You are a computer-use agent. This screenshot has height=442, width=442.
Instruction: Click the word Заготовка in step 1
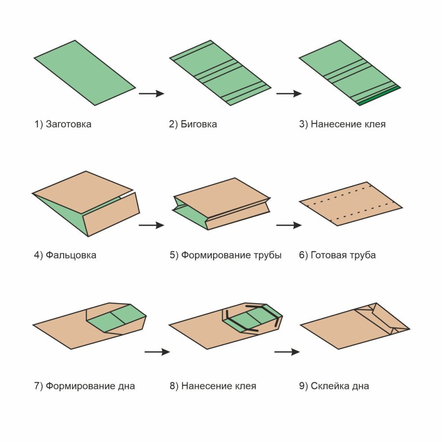click(69, 124)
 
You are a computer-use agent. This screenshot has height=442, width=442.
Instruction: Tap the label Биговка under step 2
click(199, 124)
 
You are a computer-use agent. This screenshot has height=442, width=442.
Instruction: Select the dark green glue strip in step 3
click(380, 95)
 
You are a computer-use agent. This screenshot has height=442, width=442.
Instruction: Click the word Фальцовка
click(71, 255)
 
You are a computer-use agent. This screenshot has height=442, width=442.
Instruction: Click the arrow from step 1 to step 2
click(151, 93)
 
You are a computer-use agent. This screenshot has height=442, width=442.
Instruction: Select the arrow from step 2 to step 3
click(289, 93)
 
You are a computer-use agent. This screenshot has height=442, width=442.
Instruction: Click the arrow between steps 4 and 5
click(151, 225)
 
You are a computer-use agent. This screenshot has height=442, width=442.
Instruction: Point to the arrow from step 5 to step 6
click(289, 225)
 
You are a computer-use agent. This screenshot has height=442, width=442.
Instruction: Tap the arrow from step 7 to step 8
click(157, 352)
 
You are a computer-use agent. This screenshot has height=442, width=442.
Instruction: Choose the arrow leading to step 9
click(287, 352)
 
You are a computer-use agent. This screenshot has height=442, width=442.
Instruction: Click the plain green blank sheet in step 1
click(85, 73)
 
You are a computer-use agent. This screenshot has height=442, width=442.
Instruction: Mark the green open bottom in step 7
click(116, 318)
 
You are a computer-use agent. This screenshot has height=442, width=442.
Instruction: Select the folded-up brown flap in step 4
click(112, 215)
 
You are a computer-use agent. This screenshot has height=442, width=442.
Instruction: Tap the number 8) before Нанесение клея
click(174, 386)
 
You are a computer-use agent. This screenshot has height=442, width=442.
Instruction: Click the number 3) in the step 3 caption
click(304, 124)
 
